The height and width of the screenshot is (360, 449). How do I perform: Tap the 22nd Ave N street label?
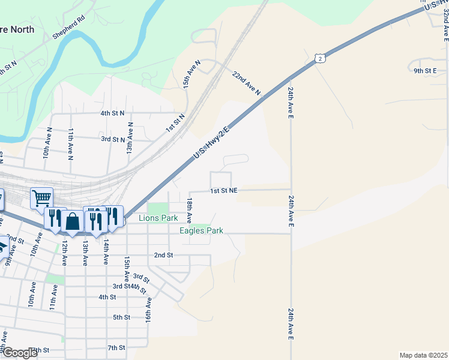[247, 83]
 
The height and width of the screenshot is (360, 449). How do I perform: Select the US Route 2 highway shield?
[321, 58]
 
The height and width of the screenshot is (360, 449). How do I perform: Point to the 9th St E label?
[424, 71]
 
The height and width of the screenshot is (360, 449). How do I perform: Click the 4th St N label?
[112, 113]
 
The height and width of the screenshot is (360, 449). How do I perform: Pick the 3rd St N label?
[112, 139]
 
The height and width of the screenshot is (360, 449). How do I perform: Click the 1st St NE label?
[224, 190]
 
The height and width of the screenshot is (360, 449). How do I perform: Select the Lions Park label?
[158, 218]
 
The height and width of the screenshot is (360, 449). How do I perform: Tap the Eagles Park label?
[202, 230]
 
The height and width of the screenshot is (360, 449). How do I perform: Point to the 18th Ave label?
[189, 211]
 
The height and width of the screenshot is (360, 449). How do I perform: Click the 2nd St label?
[163, 255]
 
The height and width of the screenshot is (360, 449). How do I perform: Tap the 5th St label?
[121, 317]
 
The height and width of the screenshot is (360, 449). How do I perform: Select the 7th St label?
[116, 348]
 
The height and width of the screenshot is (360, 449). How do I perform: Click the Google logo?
[19, 353]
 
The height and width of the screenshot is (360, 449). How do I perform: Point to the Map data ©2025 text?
[423, 355]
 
